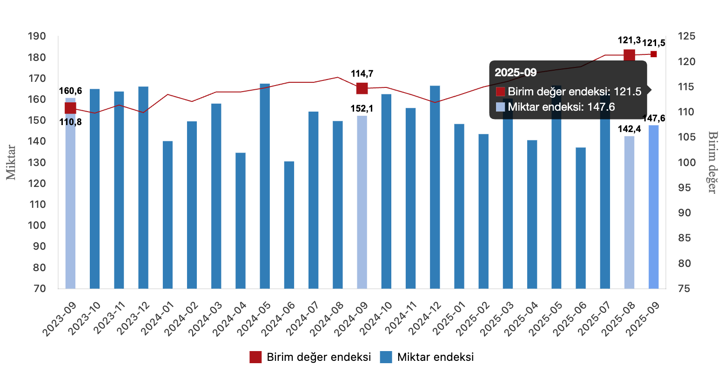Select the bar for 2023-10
pos(95,188)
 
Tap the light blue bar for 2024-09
pos(362,202)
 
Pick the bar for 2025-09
pos(654,206)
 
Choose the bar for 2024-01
pos(168,214)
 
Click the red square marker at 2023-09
pos(70,108)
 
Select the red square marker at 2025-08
pos(629,55)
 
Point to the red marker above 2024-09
pos(362,88)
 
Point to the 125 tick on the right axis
pos(686,36)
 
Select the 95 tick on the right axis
pos(686,188)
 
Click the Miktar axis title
pos(11,162)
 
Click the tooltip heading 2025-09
pos(516,73)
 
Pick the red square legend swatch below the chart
pos(255,357)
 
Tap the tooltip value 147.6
pos(601,107)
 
